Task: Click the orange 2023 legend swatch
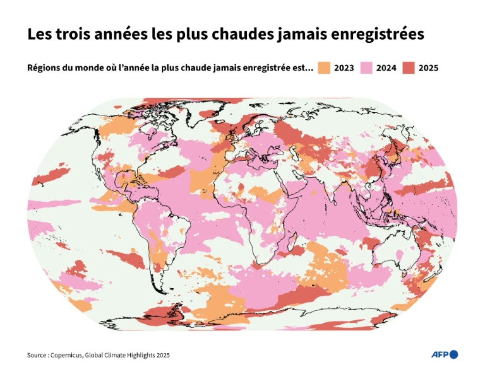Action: tap(324, 68)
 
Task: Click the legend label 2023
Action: tap(344, 68)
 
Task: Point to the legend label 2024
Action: tap(386, 68)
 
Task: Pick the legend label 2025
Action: tap(428, 68)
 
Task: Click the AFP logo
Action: tap(444, 354)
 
